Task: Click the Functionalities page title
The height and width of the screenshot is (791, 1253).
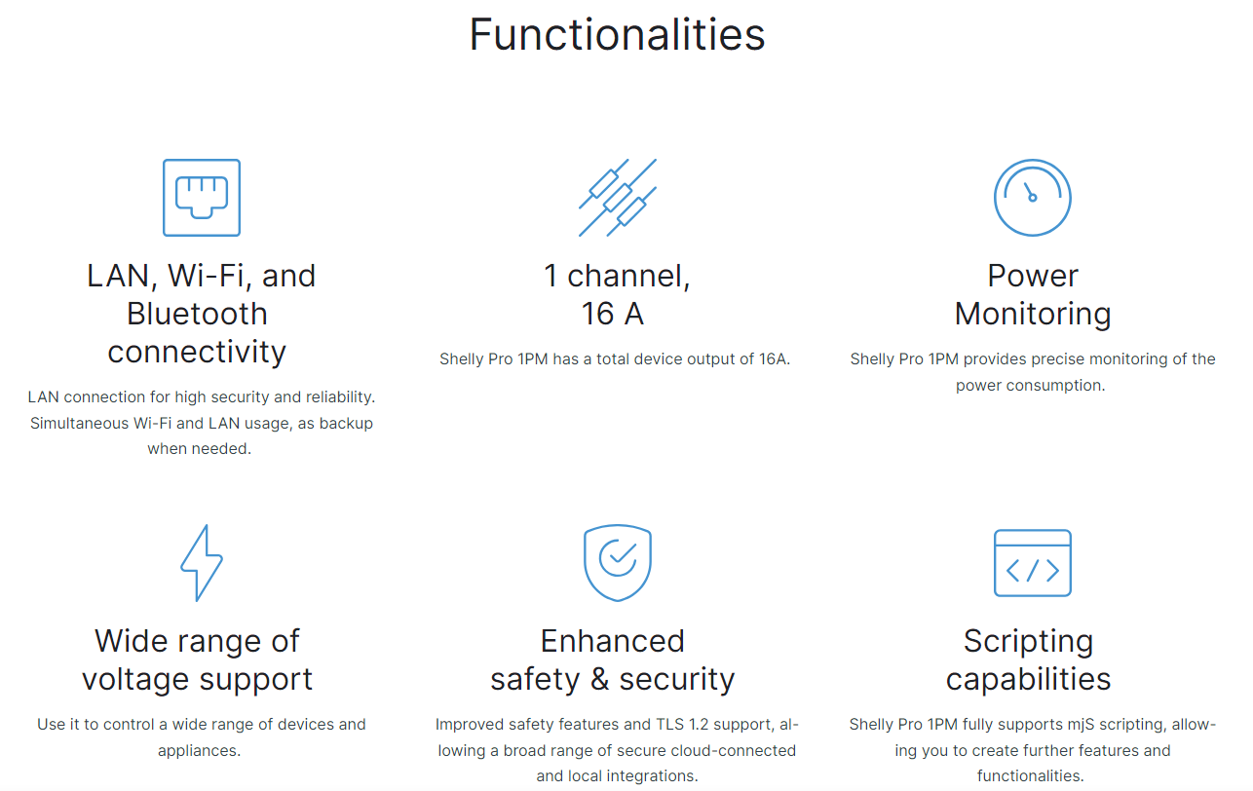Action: coord(617,35)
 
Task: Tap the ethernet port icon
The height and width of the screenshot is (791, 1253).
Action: coord(202,198)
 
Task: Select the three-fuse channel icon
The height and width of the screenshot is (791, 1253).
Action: coord(618,198)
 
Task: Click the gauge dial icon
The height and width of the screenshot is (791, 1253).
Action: coord(1033,198)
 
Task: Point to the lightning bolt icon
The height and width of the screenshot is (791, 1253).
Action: coord(202,563)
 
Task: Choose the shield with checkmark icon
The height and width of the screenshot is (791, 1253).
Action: coord(618,563)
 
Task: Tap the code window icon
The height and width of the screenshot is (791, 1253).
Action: coord(1033,563)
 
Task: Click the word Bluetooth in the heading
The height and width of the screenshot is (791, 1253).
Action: coord(197,314)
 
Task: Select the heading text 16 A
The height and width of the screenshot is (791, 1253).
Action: coord(613,314)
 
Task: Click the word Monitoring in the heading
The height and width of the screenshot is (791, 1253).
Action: coord(1033,315)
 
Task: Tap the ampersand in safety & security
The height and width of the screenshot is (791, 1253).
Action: coord(599,679)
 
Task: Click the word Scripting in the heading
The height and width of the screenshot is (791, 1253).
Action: coord(1028,642)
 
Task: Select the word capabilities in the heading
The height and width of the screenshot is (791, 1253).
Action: coord(1028,680)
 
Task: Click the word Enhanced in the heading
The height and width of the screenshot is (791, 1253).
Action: coord(613,641)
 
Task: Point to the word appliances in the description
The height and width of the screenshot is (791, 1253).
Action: coord(199,751)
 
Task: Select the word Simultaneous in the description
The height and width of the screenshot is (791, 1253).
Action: coord(80,424)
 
